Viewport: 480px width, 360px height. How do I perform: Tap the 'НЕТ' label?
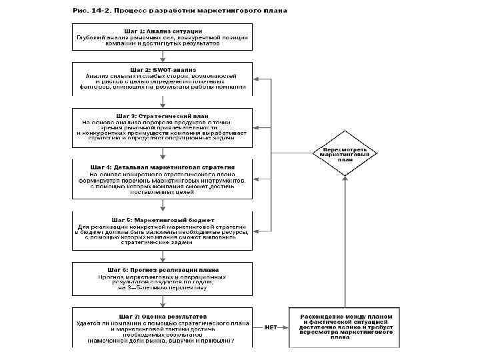(x=271, y=327)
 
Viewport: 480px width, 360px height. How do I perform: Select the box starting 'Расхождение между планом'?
(x=345, y=327)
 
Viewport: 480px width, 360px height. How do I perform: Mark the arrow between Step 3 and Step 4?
(x=163, y=150)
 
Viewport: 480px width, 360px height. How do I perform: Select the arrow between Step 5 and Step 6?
(x=163, y=254)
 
